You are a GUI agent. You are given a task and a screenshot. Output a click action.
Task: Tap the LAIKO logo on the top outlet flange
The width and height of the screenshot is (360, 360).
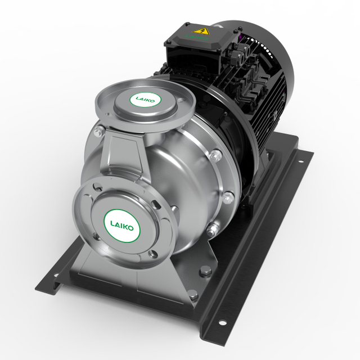146,100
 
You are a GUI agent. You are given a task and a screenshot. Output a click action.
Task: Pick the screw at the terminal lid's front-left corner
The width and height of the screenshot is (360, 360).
168,42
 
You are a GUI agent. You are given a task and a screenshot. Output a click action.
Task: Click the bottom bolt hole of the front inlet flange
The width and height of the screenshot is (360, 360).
152,254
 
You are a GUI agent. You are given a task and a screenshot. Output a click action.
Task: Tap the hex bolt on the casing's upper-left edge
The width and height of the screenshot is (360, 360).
99,132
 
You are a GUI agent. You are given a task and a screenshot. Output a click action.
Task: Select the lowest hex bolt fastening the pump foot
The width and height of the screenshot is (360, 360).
192,293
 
